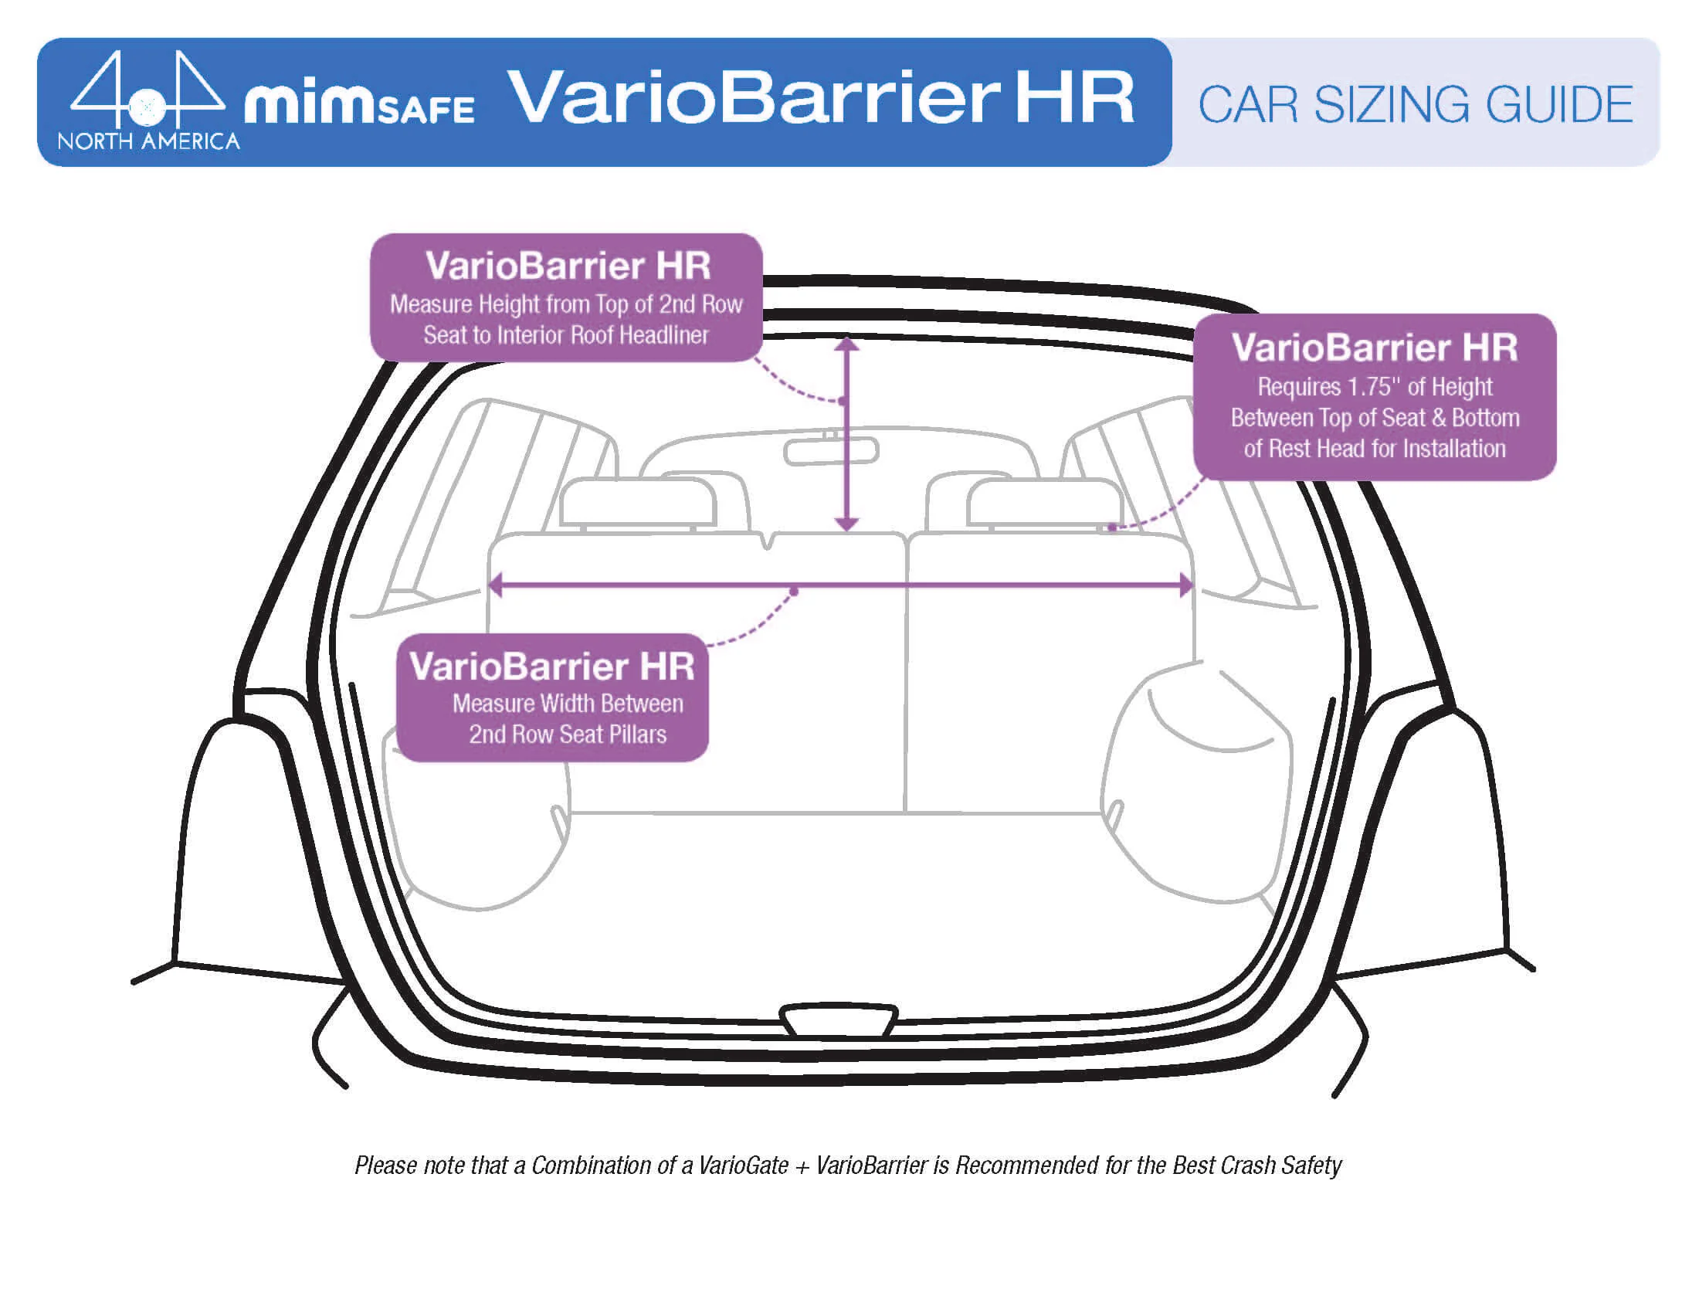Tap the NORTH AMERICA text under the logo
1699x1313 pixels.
(148, 141)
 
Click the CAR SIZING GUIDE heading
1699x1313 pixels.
(1414, 105)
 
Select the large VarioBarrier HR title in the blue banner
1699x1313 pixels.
(821, 98)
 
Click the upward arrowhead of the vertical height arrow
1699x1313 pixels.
(847, 344)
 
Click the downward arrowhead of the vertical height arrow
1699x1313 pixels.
(847, 524)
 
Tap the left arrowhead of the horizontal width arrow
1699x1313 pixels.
(496, 585)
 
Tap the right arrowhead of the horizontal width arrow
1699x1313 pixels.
(1185, 585)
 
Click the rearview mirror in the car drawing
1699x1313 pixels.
(831, 451)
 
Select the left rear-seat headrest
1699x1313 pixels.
(638, 503)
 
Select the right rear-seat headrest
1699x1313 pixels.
(1044, 503)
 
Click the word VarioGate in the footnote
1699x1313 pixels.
(743, 1165)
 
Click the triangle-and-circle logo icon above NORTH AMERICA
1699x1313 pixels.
(148, 89)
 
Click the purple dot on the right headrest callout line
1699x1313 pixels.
(1112, 528)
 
